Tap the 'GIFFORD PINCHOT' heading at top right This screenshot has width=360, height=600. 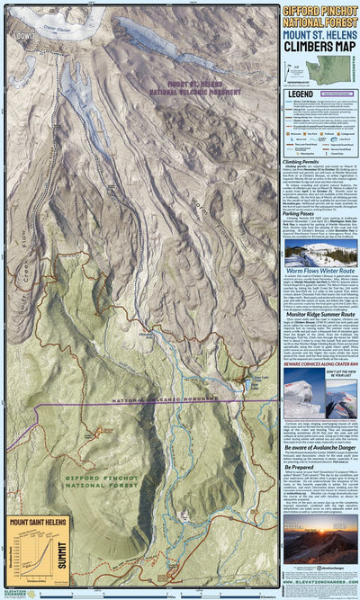click(x=319, y=11)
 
